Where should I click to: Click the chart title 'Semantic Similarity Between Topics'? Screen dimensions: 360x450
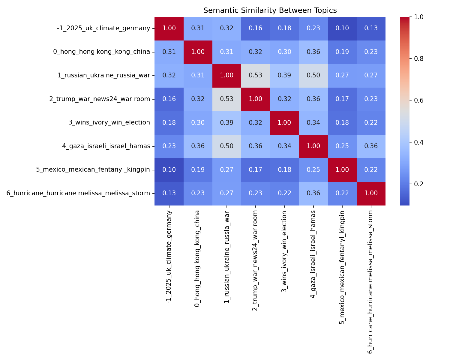[x=270, y=10]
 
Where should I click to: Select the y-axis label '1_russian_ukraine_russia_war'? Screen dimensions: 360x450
[x=104, y=75]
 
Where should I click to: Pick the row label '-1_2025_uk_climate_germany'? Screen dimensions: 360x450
[x=103, y=28]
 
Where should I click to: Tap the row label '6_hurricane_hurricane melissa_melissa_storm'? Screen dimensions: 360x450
[x=78, y=193]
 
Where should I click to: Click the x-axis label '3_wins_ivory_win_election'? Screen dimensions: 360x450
[x=284, y=251]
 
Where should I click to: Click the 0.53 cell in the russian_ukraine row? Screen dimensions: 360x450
[x=256, y=75]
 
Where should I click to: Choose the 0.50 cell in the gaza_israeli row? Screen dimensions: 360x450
[x=227, y=146]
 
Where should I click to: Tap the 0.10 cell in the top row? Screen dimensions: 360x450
[x=342, y=28]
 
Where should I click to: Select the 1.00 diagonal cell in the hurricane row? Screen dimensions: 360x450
[x=371, y=193]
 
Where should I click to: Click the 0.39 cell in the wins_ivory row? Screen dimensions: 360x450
[x=227, y=122]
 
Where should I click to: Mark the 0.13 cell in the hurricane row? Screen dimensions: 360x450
[x=169, y=193]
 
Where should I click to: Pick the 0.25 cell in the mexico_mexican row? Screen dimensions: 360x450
[x=313, y=169]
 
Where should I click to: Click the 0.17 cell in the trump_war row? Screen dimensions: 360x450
[x=342, y=99]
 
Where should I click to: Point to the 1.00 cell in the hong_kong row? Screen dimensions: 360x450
[x=198, y=52]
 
